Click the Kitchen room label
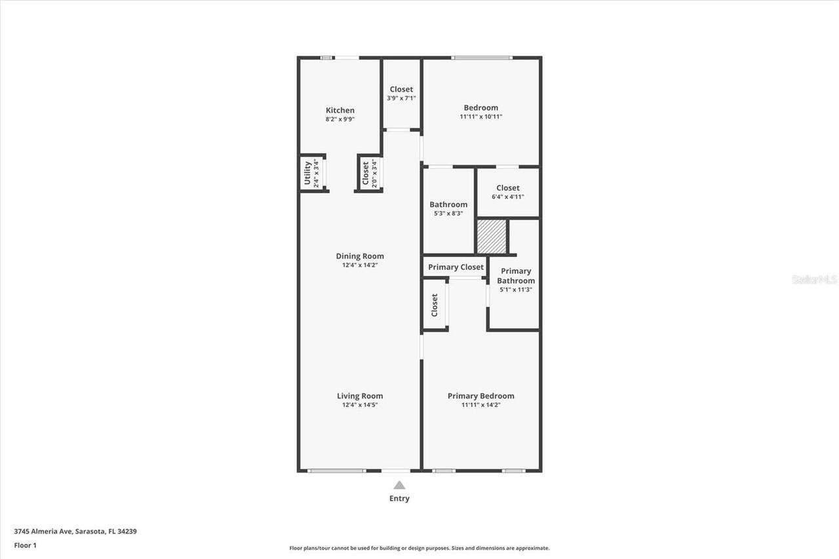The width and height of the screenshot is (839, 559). (x=340, y=110)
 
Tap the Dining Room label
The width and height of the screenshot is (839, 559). (x=360, y=256)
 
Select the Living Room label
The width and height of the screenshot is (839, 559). (x=360, y=396)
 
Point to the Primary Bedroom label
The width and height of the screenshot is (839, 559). (x=480, y=396)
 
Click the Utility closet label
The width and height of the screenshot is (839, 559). (x=307, y=173)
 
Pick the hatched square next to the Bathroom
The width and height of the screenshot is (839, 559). (x=492, y=237)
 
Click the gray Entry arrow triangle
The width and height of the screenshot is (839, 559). (x=399, y=485)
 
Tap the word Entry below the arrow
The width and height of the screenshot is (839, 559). (x=399, y=499)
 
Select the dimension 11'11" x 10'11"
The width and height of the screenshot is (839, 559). (x=480, y=117)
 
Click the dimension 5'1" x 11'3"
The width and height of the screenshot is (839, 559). (x=516, y=290)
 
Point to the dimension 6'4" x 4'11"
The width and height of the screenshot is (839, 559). (x=508, y=197)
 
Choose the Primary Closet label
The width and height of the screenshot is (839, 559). (x=456, y=267)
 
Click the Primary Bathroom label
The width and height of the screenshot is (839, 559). (x=516, y=276)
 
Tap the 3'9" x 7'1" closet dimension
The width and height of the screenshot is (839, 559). (x=401, y=98)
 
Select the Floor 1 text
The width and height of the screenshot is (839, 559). (x=26, y=545)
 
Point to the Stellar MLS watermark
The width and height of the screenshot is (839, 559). (x=814, y=279)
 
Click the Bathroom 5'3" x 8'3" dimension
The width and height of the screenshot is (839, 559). (x=448, y=213)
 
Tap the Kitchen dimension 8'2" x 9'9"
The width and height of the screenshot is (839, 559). (x=340, y=119)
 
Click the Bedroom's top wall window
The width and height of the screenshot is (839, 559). (x=482, y=58)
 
